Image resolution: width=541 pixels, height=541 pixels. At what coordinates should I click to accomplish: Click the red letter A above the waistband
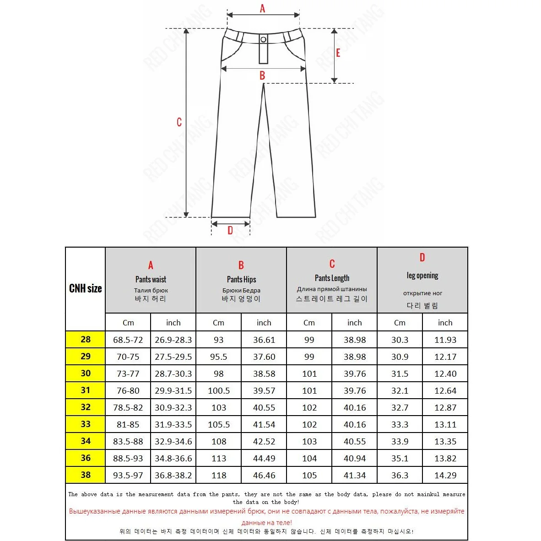click(262, 8)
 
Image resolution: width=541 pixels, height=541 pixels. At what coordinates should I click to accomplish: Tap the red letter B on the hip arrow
click(262, 76)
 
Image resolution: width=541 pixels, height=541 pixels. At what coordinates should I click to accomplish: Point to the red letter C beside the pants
click(179, 122)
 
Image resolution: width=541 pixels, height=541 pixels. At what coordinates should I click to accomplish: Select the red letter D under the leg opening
click(230, 231)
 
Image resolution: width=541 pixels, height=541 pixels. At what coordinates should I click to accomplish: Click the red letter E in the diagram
click(338, 53)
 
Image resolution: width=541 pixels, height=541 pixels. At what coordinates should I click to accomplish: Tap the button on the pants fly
click(263, 40)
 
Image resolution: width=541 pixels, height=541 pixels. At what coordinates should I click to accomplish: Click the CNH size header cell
click(86, 288)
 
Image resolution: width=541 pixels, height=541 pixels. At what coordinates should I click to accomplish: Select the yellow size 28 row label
click(86, 340)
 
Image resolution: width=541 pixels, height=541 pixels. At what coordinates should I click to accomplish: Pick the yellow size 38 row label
click(86, 475)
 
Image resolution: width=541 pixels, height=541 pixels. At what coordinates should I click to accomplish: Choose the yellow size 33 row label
click(86, 424)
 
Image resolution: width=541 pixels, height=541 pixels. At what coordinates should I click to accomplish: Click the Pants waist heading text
click(151, 279)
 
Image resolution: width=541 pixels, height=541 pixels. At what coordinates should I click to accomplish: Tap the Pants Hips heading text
click(241, 279)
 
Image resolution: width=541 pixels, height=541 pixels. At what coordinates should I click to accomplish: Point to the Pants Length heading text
click(332, 278)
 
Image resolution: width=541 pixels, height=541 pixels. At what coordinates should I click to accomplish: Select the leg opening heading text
click(422, 276)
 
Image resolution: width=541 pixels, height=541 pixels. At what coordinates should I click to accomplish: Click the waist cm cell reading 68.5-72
click(128, 340)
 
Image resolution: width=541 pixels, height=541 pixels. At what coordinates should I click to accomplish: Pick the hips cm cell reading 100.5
click(219, 391)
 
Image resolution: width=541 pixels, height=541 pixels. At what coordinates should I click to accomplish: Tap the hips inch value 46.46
click(264, 476)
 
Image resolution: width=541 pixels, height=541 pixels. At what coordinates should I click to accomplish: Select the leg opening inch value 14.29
click(445, 476)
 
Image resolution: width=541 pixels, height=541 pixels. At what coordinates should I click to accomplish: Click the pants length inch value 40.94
click(355, 459)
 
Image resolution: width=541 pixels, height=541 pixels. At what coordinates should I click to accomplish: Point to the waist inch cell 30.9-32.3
click(173, 408)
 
